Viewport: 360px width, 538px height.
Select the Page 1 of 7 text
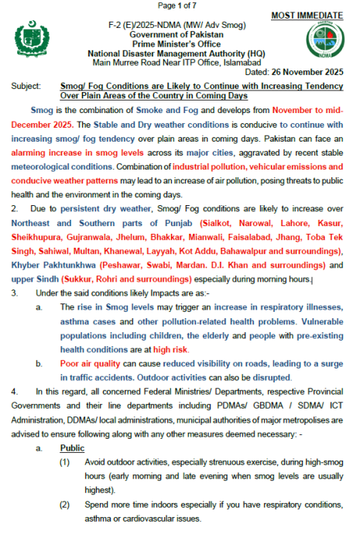click(x=179, y=6)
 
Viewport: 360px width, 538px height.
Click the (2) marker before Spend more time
click(x=66, y=503)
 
